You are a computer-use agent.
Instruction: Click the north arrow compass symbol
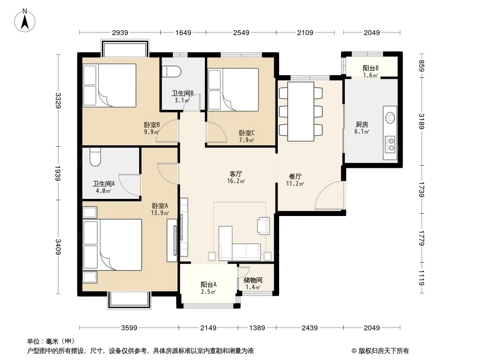click(25, 21)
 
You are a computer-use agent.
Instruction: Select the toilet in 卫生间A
click(95, 157)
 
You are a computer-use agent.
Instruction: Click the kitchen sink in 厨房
click(390, 118)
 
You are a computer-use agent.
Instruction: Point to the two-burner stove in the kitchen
click(390, 144)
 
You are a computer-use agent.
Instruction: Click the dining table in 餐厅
click(301, 111)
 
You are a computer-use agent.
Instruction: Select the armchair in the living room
click(263, 226)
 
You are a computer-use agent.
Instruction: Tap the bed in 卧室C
click(233, 89)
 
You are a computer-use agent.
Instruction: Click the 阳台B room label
click(371, 68)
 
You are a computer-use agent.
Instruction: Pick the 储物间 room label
click(253, 280)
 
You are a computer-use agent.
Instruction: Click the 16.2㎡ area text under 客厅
click(235, 181)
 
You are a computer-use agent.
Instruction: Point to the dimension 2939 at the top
click(120, 32)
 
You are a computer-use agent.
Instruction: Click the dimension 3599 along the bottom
click(129, 328)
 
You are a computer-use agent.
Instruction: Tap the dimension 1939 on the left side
click(58, 173)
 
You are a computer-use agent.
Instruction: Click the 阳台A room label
click(208, 284)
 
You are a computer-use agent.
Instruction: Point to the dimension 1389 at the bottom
click(257, 328)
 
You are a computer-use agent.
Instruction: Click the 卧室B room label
click(152, 125)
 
